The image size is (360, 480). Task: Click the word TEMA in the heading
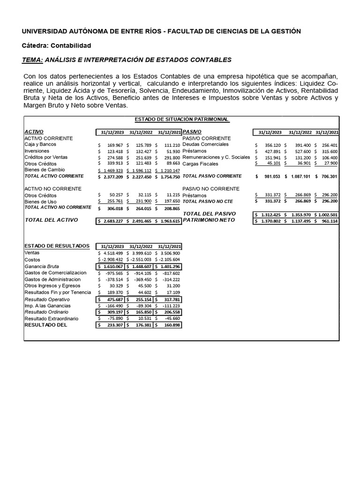32,60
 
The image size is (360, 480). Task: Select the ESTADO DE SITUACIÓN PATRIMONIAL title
182,120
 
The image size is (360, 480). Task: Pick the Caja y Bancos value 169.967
115,145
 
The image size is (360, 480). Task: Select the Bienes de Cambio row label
45,170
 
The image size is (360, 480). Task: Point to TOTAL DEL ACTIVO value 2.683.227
112,221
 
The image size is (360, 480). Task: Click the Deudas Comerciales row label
205,145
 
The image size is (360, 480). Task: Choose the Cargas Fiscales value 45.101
272,164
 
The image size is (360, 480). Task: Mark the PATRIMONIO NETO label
208,220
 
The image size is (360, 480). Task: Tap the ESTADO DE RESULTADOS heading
57,246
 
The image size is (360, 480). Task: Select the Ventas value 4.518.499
112,253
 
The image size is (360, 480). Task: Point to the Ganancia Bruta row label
42,266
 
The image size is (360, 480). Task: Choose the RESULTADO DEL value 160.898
170,324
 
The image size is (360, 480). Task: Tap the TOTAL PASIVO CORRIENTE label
212,176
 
